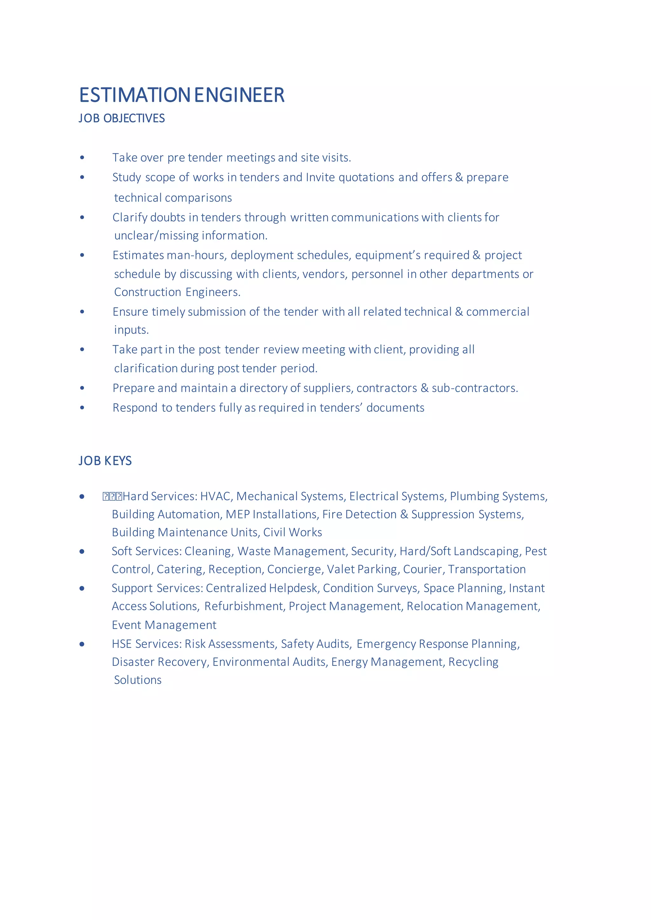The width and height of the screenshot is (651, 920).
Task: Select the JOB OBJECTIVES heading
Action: [122, 118]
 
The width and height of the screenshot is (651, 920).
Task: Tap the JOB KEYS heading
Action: [105, 461]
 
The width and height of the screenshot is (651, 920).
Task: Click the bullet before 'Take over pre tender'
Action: [82, 158]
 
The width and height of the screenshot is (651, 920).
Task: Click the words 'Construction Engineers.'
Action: [177, 292]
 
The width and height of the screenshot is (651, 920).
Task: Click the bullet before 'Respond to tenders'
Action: [82, 408]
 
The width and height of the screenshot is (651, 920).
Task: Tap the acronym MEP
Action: [238, 515]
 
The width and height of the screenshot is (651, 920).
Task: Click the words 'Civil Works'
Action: [293, 532]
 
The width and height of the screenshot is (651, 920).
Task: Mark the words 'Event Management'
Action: [164, 625]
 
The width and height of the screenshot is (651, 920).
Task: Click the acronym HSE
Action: [121, 644]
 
